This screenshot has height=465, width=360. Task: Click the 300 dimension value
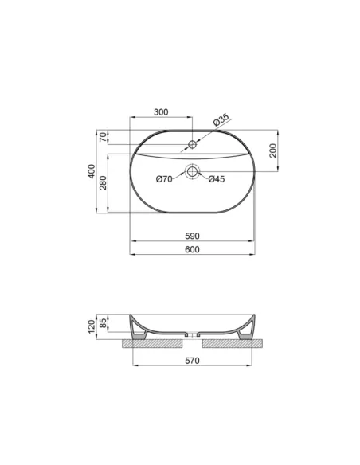(161, 113)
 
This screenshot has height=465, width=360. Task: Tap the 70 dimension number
(104, 138)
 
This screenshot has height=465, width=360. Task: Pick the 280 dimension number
(104, 185)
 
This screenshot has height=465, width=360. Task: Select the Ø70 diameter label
(164, 179)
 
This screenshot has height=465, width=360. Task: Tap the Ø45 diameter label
(217, 179)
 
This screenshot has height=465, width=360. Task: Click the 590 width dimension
(191, 236)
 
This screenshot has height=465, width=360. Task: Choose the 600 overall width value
(191, 250)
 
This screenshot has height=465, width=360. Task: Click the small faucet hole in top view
(192, 145)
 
